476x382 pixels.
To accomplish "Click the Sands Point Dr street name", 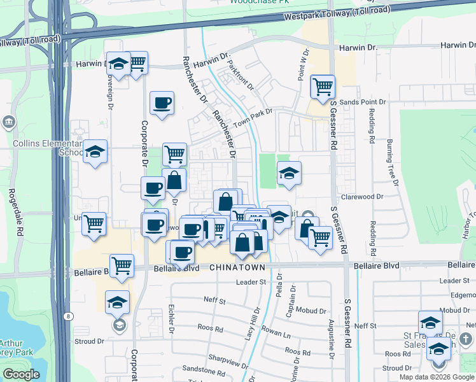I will pyautogui.click(x=363, y=102).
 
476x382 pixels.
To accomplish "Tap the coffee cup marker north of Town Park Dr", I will pyautogui.click(x=162, y=103).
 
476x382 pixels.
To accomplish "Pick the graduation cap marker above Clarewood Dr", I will pyautogui.click(x=289, y=173).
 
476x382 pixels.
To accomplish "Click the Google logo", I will pyautogui.click(x=21, y=374).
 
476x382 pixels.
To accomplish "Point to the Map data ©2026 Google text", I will pyautogui.click(x=437, y=377).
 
